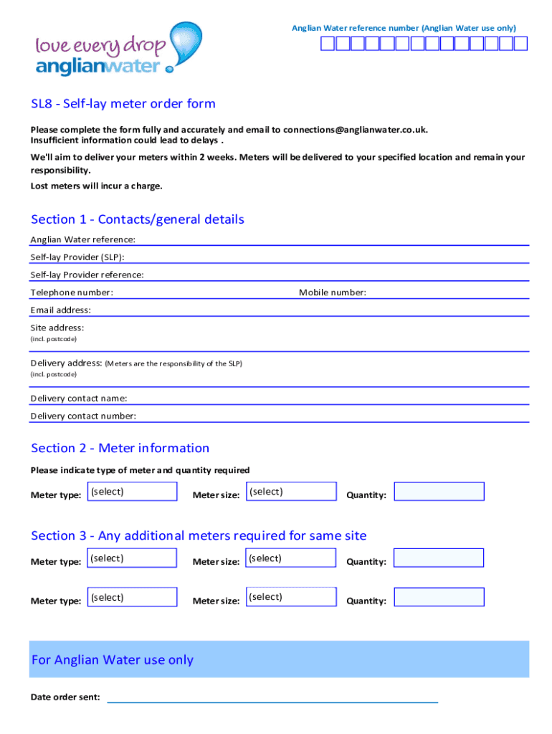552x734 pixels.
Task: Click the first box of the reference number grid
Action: (327, 44)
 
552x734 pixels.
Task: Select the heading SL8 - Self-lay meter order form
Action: (123, 104)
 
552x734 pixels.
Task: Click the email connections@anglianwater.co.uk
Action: (355, 130)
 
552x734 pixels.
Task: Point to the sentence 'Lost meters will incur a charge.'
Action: (96, 186)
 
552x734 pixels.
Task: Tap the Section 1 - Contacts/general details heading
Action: (138, 219)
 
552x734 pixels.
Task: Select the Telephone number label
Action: (71, 292)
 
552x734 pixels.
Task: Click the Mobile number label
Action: (332, 292)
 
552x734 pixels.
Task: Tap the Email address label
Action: (60, 310)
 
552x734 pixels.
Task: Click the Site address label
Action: (57, 328)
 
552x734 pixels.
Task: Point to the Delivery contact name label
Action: (78, 399)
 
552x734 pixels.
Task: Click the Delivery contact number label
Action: (83, 416)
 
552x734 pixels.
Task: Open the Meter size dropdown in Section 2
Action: (291, 492)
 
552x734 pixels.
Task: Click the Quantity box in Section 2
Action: (439, 492)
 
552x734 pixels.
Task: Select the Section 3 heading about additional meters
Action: (199, 535)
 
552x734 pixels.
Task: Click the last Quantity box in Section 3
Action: (439, 597)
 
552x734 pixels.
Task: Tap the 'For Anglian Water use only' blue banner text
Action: (113, 660)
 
